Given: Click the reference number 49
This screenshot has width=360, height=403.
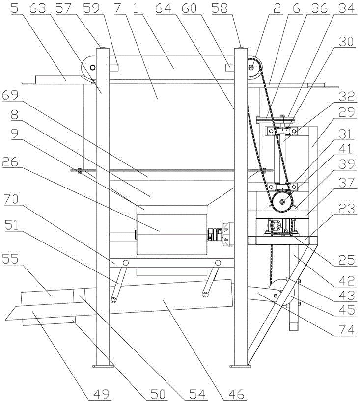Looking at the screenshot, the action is coord(101,394).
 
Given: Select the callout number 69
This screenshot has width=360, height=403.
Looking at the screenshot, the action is coord(10,95).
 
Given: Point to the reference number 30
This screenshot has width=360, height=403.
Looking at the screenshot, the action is coord(346,42).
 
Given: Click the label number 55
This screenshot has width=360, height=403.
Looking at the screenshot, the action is coord(10,259).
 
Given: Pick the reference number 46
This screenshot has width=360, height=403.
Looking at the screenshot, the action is coord(236,394).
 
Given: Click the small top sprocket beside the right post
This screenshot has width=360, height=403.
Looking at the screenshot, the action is coord(252,67).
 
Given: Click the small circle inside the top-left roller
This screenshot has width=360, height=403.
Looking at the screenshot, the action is coord(92,68).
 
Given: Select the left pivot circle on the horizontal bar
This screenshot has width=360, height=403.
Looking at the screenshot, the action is coord(126,263).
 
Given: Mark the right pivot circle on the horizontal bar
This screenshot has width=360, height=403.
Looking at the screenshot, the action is coord(218,263).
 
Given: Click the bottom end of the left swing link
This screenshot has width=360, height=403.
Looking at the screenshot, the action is coord(113,300).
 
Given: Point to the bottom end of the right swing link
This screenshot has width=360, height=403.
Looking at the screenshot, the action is coord(205,295).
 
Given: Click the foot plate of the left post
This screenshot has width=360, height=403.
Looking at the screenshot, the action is coord(103,366).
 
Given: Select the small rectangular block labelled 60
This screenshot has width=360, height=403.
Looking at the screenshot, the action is coord(230,67).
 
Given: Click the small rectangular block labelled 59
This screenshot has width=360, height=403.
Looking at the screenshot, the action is coord(113,67).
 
